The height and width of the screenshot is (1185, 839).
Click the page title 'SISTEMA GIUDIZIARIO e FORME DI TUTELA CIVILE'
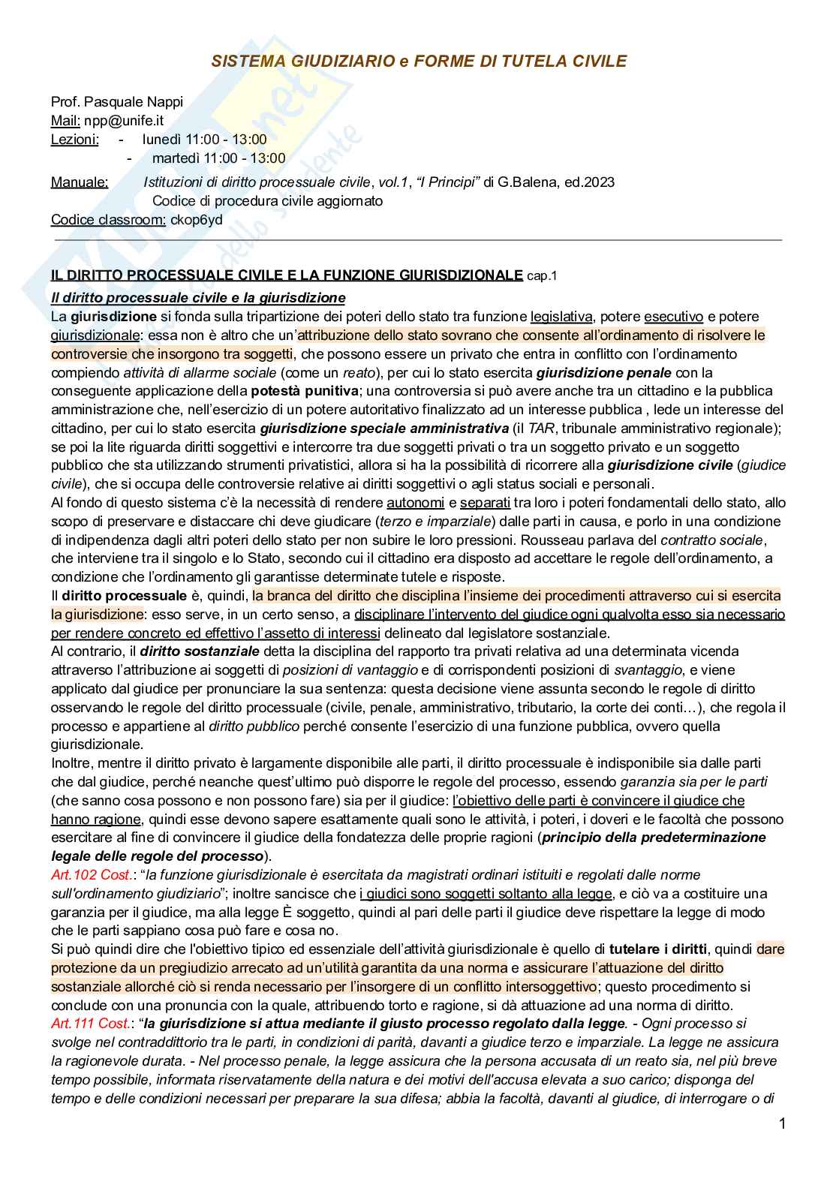(x=418, y=62)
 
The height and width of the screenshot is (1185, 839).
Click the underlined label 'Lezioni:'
(x=74, y=139)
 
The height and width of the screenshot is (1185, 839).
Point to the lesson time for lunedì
(x=204, y=139)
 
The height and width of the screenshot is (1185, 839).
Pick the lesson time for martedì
(x=218, y=158)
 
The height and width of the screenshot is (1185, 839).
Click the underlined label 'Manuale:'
(x=79, y=182)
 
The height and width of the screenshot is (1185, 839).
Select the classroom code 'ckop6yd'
(x=196, y=219)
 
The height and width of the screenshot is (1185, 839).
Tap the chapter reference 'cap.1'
(x=542, y=275)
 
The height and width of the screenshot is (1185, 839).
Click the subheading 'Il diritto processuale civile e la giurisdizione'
(x=198, y=297)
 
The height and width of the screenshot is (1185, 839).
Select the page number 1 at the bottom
(x=781, y=1123)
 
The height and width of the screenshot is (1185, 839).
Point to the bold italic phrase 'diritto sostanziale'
(x=200, y=651)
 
